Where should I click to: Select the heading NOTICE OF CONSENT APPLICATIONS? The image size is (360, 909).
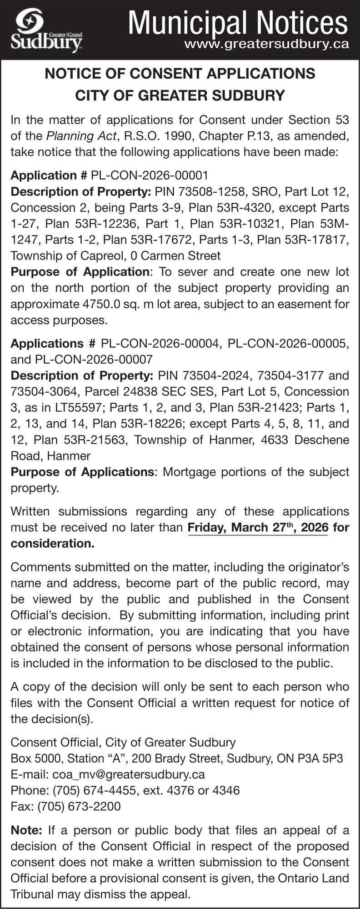(x=180, y=74)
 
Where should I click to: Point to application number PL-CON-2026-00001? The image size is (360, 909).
(x=150, y=175)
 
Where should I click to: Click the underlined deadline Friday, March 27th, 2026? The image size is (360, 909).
(x=257, y=528)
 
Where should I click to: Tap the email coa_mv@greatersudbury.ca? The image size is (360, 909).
(x=129, y=774)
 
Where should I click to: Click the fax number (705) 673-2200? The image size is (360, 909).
(x=79, y=806)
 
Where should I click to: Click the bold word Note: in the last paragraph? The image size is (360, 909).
(x=26, y=830)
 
